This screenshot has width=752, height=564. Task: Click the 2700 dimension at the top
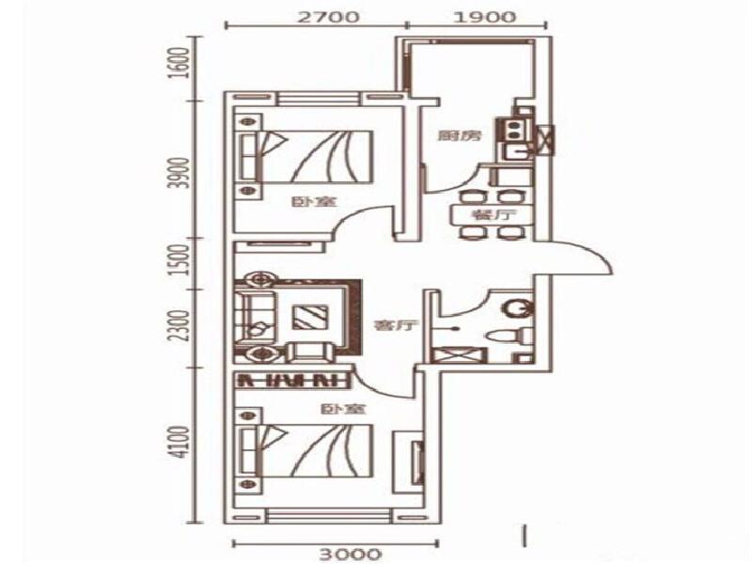point(319,16)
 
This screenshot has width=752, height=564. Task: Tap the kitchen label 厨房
point(460,136)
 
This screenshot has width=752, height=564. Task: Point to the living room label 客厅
point(386,326)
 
